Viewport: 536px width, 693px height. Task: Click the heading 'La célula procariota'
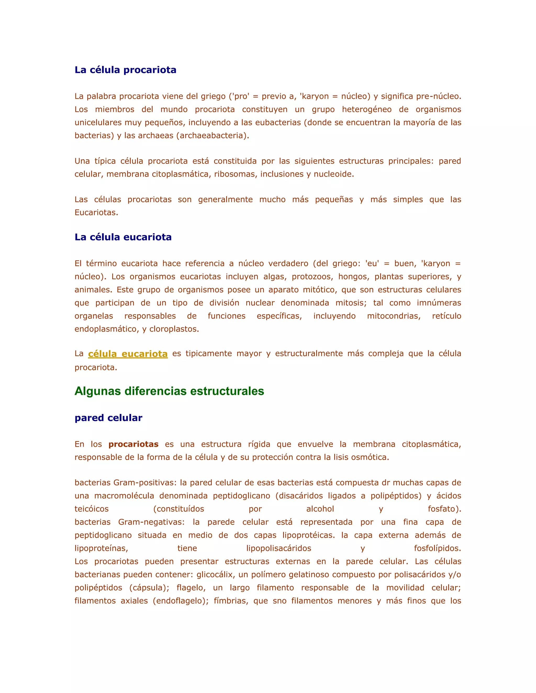click(125, 70)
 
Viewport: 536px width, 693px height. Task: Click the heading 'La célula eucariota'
click(123, 237)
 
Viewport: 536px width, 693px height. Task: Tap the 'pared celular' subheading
click(108, 418)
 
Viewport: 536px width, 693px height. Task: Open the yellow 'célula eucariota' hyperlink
click(128, 354)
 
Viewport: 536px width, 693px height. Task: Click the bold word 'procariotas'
click(133, 444)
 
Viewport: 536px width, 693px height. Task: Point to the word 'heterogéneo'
click(366, 110)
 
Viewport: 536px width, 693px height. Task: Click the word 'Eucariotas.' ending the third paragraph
click(96, 212)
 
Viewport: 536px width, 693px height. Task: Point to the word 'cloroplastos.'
click(174, 329)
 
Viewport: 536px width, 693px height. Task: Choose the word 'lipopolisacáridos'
click(278, 548)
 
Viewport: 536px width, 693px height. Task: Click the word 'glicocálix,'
click(214, 574)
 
